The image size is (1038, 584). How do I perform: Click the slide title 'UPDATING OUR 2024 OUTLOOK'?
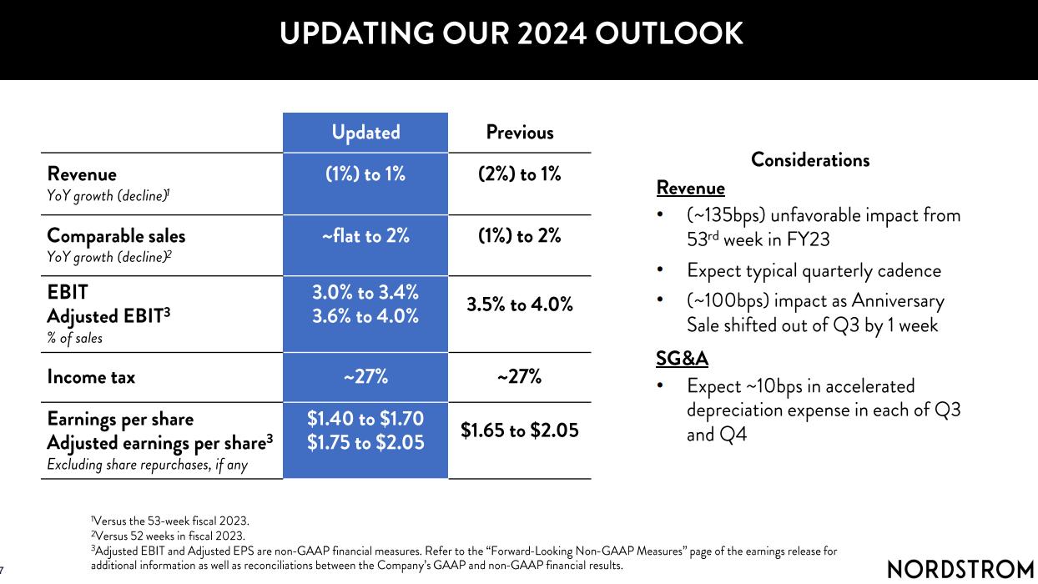[x=511, y=34]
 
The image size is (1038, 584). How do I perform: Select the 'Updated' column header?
[x=365, y=133]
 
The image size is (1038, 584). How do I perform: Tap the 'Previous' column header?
[x=520, y=133]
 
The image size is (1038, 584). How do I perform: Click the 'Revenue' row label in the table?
[x=82, y=174]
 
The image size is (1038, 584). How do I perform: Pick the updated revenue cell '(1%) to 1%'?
[x=365, y=174]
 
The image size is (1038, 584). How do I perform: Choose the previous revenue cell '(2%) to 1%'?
[x=520, y=174]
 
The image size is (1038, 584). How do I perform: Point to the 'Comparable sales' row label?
[x=116, y=236]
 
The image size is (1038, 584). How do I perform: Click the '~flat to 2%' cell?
[x=365, y=236]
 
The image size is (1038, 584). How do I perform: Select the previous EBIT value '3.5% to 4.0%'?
[x=520, y=305]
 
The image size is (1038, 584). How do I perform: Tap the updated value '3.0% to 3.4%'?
[x=365, y=292]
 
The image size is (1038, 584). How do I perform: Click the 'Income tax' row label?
[x=91, y=377]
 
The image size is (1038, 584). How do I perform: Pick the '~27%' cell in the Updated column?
[x=365, y=377]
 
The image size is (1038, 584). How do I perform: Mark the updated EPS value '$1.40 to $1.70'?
[x=365, y=419]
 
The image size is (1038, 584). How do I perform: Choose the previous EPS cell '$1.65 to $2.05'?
[x=520, y=430]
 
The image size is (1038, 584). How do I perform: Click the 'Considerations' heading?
[x=810, y=160]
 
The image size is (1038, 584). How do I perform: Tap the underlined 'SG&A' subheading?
[x=682, y=359]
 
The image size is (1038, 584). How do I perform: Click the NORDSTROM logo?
[x=960, y=570]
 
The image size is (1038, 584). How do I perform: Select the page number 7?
[x=3, y=571]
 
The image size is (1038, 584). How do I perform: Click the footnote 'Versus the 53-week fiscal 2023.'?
[x=172, y=521]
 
